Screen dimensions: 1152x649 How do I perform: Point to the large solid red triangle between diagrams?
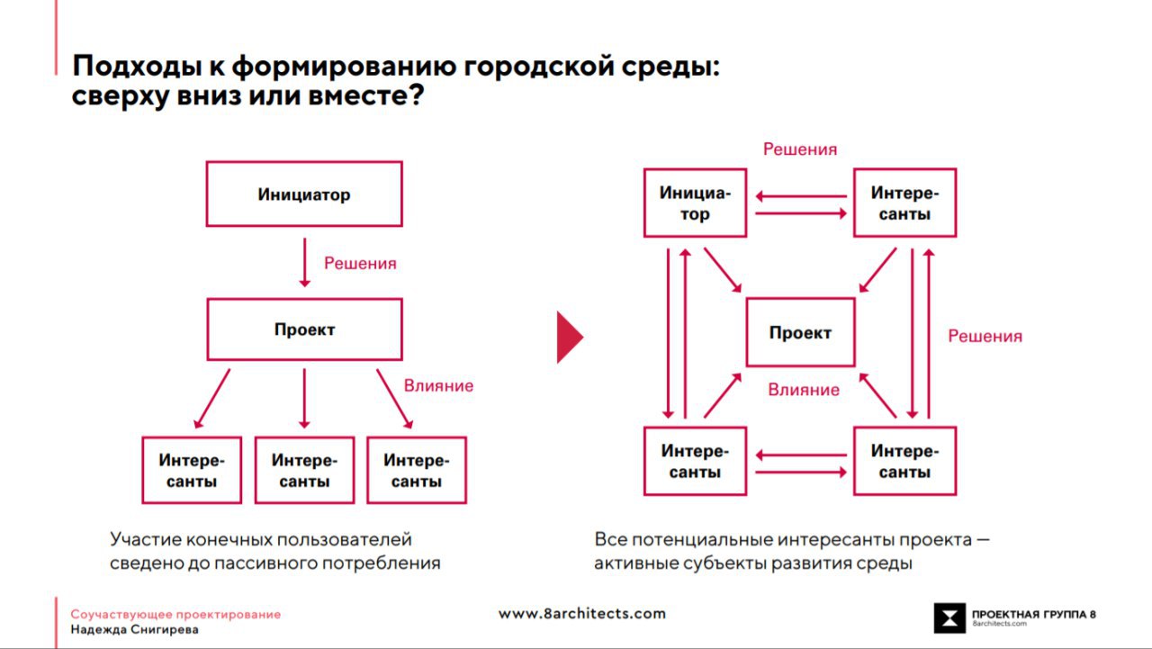pyautogui.click(x=570, y=337)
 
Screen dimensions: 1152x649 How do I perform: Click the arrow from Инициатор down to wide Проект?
pyautogui.click(x=304, y=262)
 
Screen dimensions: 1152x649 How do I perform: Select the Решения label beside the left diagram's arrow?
pyautogui.click(x=360, y=264)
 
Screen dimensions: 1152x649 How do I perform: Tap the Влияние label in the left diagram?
pyautogui.click(x=438, y=385)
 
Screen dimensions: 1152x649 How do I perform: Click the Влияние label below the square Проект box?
pyautogui.click(x=804, y=390)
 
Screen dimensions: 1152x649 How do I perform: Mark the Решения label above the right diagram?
pyautogui.click(x=800, y=149)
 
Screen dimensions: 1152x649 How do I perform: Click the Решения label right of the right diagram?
pyautogui.click(x=985, y=337)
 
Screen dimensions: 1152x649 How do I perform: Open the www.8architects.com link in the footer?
pyautogui.click(x=581, y=614)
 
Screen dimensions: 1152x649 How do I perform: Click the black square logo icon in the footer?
pyautogui.click(x=949, y=617)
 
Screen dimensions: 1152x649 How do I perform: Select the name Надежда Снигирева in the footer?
pyautogui.click(x=135, y=629)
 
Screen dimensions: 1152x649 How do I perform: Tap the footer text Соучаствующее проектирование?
pyautogui.click(x=175, y=615)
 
